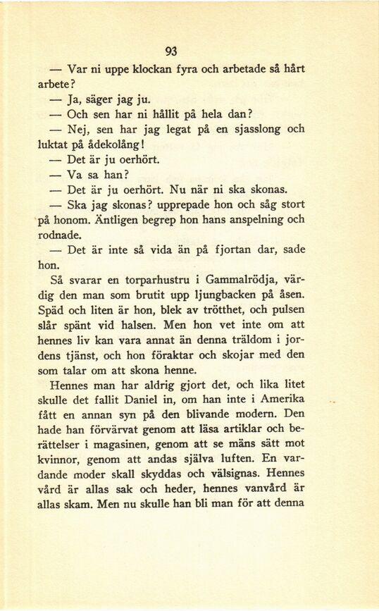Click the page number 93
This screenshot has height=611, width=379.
tap(170, 50)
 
